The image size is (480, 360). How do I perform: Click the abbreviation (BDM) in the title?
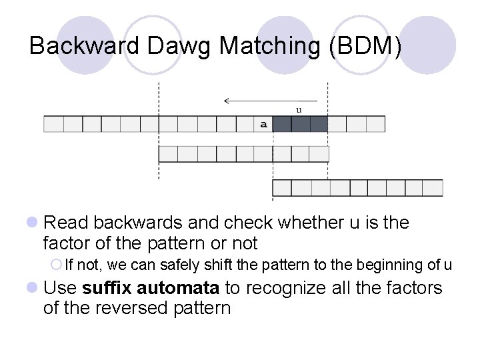[x=366, y=45]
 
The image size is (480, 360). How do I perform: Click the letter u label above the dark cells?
[x=299, y=109]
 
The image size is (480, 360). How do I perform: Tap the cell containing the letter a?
[x=263, y=124]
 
